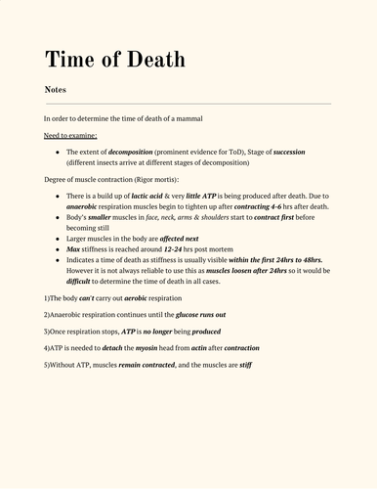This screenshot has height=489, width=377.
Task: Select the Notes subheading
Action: [55, 89]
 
